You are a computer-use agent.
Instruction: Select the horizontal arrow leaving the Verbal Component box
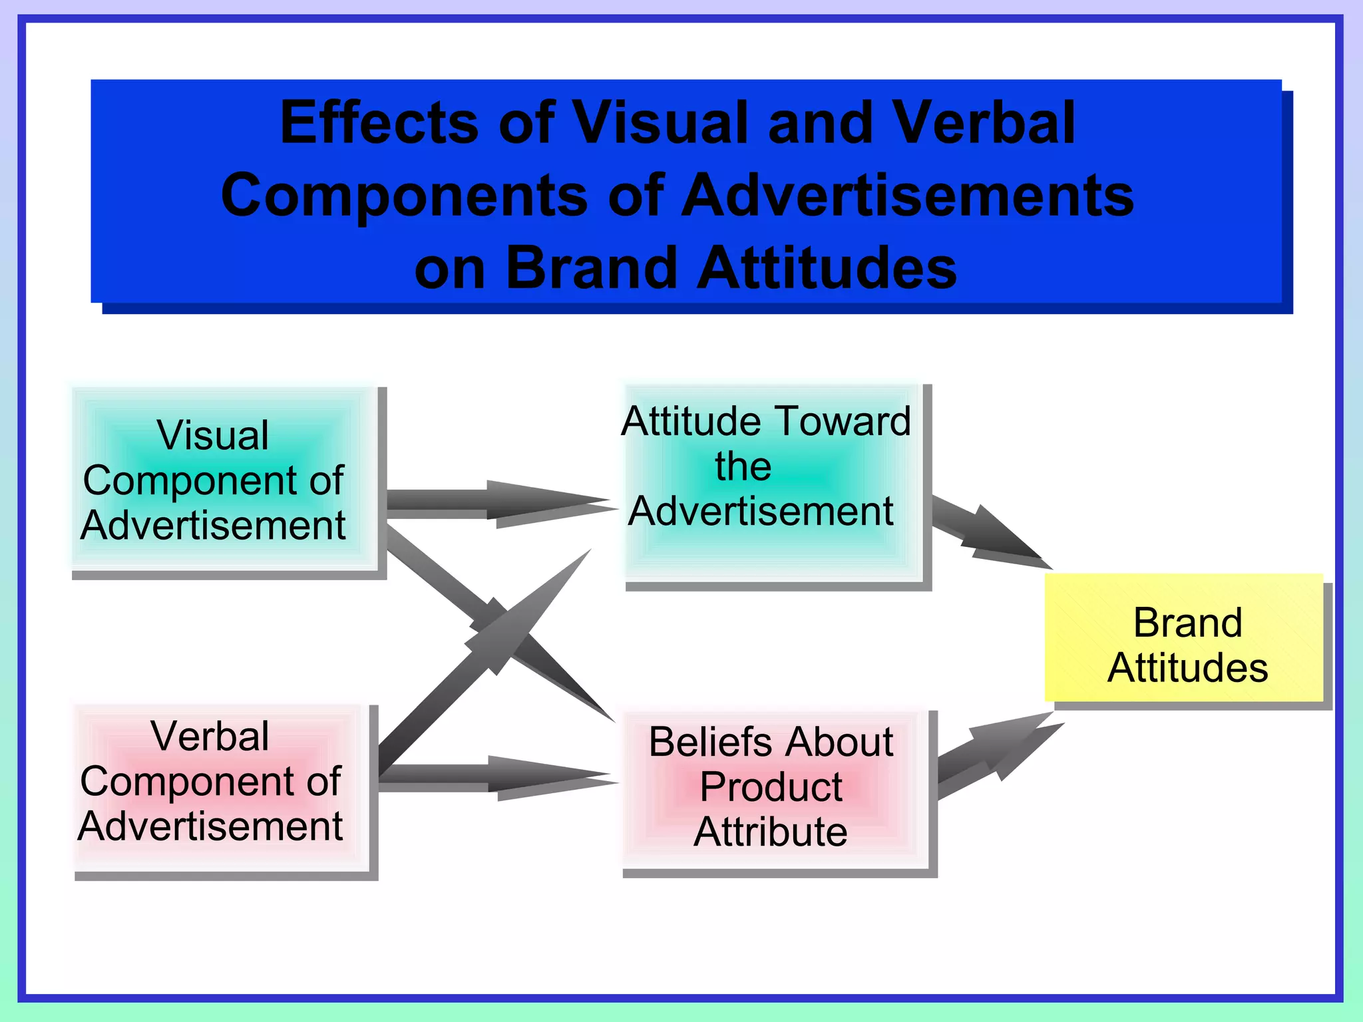coord(492,776)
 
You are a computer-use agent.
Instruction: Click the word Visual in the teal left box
coord(213,436)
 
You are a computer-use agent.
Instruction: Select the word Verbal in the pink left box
coord(210,737)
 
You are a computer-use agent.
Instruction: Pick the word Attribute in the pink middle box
coord(771,832)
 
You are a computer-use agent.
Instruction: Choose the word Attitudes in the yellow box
coord(1187,668)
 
